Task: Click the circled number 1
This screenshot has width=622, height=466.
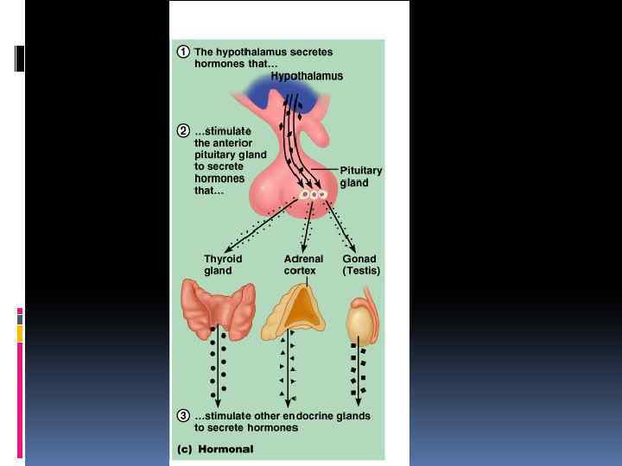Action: pos(183,52)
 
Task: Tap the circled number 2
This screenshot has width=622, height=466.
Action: pos(183,131)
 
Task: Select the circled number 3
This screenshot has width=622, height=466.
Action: pos(183,416)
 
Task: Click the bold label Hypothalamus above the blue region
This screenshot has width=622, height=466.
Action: pos(307,76)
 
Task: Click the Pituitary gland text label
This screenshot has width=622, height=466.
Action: pos(360,176)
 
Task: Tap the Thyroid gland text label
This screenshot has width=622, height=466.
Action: pos(223,264)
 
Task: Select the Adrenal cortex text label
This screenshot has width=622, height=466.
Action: pos(303,264)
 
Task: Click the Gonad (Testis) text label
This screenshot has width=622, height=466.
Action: pos(361,264)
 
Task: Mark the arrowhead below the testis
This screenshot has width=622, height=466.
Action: pos(361,402)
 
